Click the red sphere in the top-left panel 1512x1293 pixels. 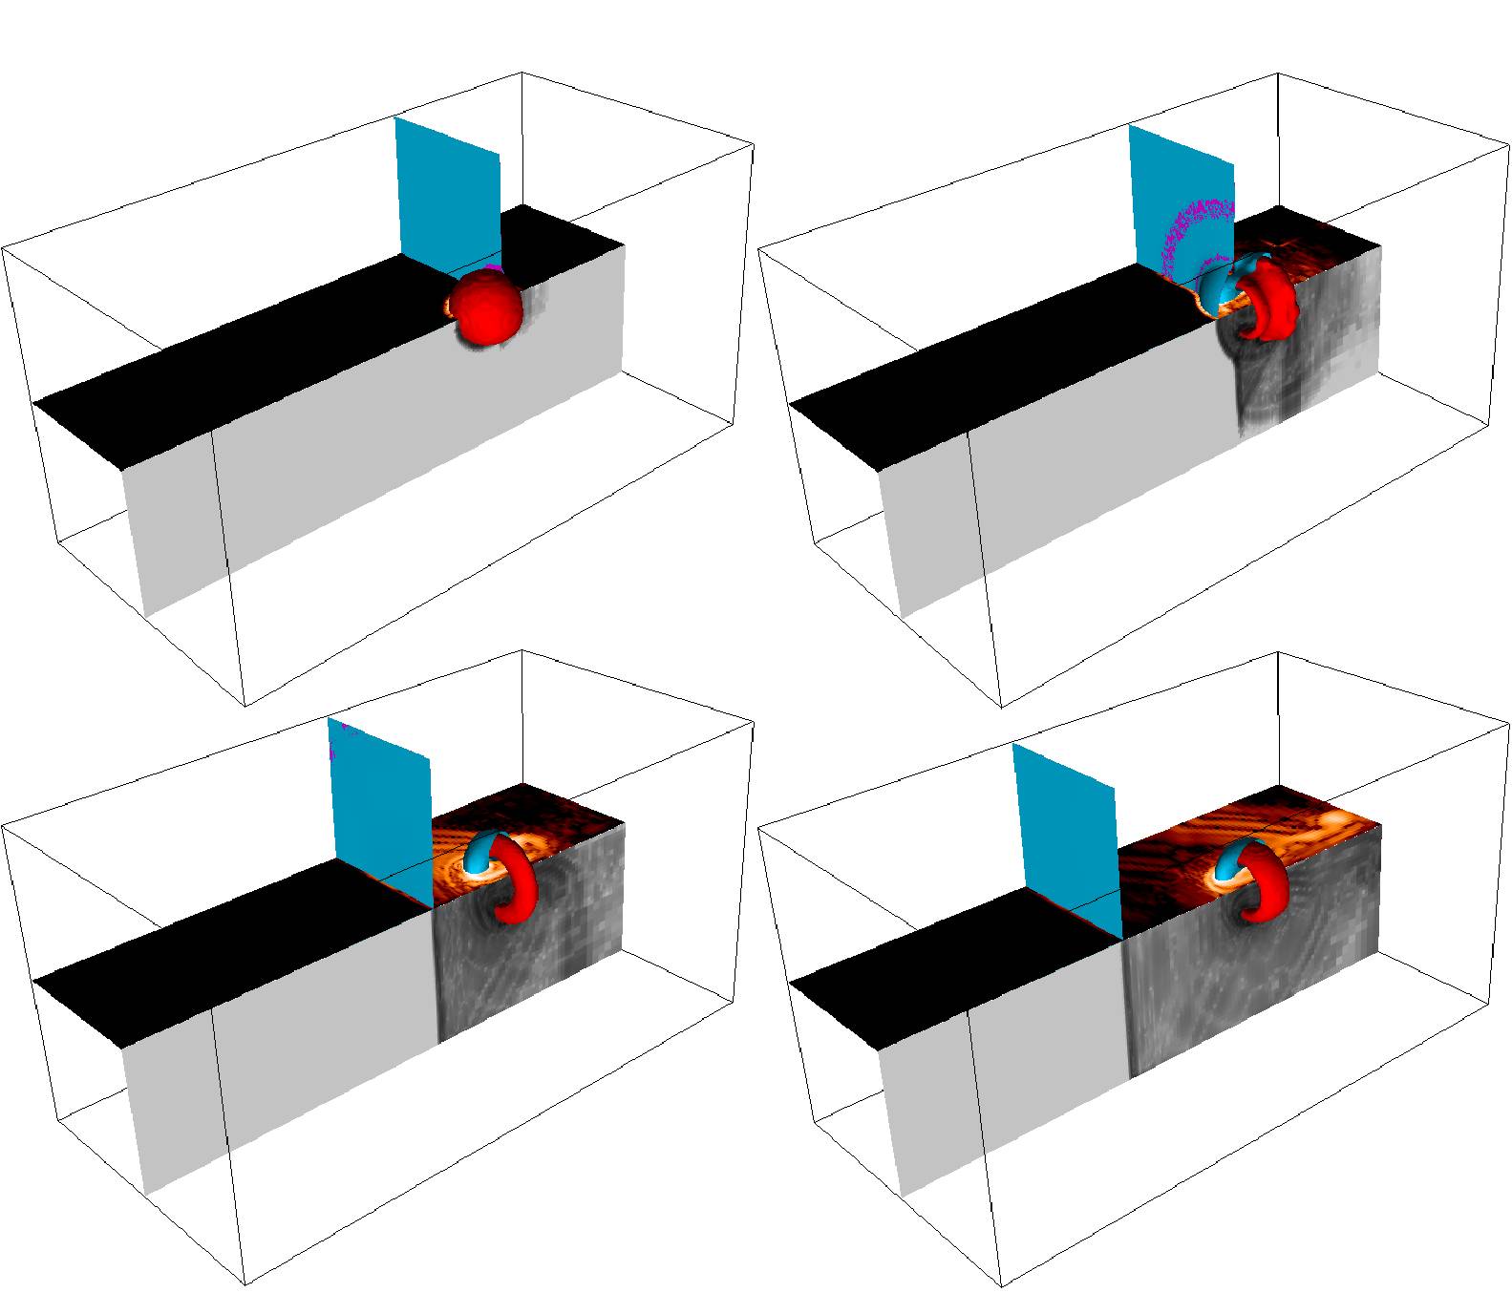coord(487,307)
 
